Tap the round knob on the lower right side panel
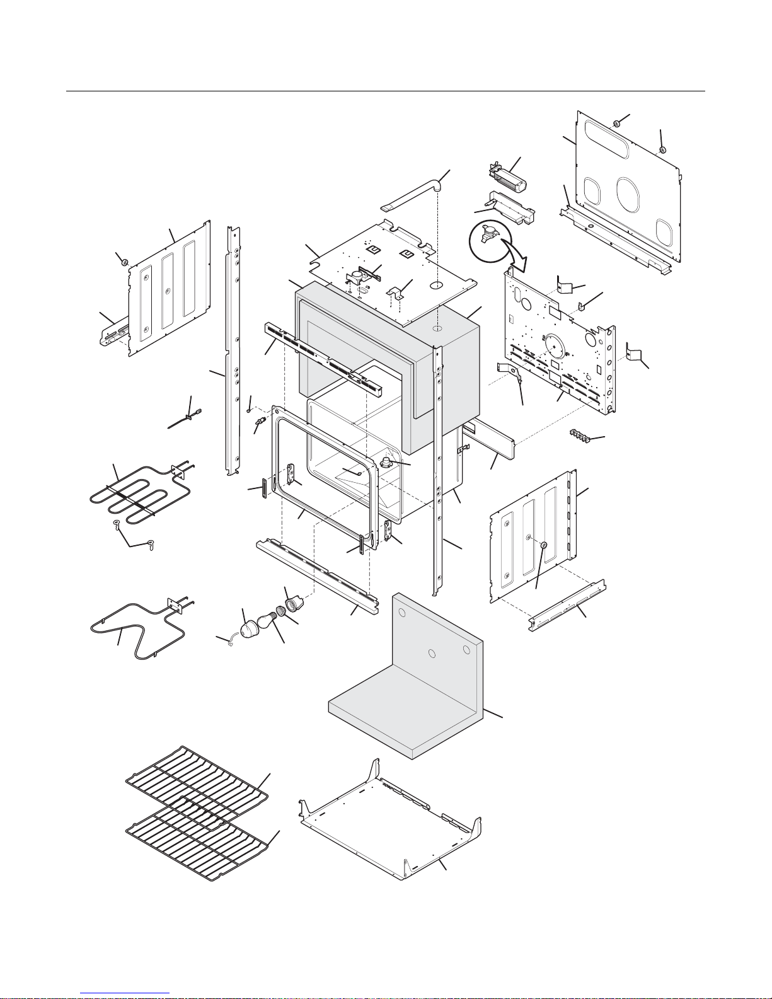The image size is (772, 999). [543, 545]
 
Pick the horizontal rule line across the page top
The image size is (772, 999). [386, 91]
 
